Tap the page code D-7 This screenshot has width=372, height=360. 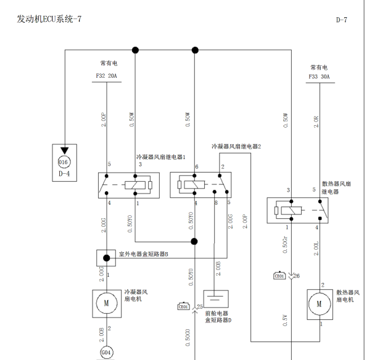click(x=341, y=20)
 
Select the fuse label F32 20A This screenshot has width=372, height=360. click(x=106, y=76)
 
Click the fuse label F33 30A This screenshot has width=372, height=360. click(x=319, y=77)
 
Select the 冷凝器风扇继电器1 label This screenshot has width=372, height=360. click(x=160, y=157)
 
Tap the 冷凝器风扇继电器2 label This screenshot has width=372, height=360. click(x=236, y=147)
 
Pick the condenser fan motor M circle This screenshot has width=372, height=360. click(x=106, y=303)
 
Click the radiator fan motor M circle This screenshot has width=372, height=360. click(x=319, y=303)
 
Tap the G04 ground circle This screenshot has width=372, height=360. click(x=106, y=353)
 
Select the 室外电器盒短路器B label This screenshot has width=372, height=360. click(x=143, y=254)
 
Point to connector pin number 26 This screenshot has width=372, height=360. click(x=297, y=276)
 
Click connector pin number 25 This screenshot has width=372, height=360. click(x=200, y=306)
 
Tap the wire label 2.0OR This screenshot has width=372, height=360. click(x=316, y=121)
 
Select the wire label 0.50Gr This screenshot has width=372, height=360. click(x=285, y=243)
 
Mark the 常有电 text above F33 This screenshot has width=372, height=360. click(x=319, y=67)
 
